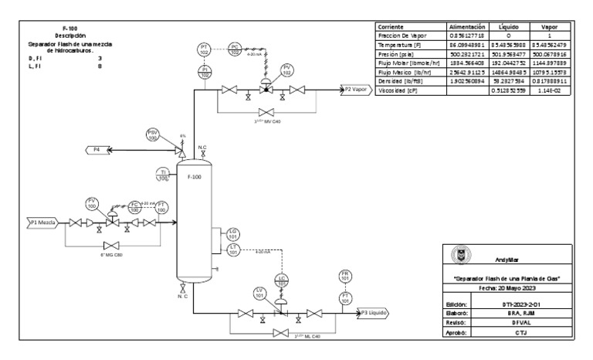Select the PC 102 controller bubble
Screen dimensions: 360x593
[236, 49]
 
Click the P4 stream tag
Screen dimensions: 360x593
[98, 149]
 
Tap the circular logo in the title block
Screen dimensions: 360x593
[456, 253]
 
